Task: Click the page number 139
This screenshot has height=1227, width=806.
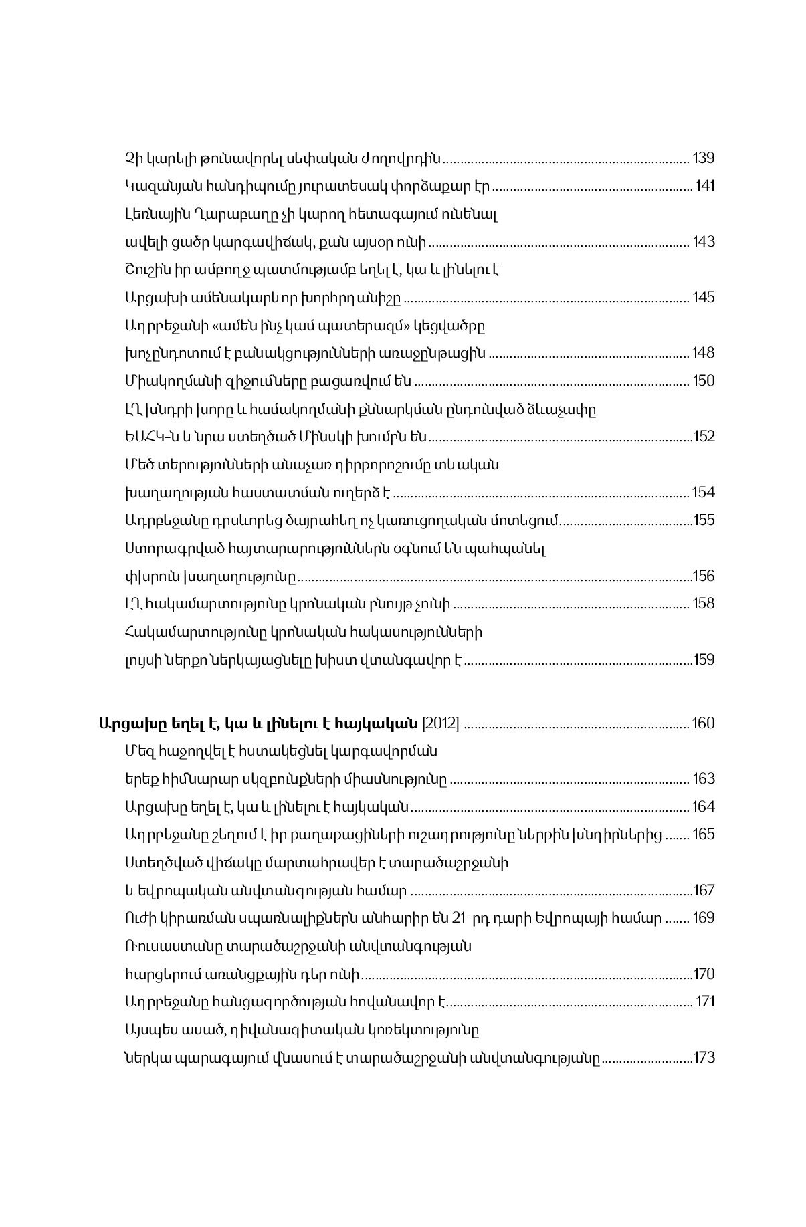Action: coord(704,158)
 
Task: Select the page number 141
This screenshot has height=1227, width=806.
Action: coord(705,186)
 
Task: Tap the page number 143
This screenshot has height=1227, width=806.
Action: coord(704,242)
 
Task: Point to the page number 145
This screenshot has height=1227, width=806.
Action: coord(704,298)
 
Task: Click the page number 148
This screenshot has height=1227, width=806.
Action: coord(704,353)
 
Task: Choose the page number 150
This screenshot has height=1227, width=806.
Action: coord(704,381)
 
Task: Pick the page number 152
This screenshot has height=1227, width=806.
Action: coord(704,437)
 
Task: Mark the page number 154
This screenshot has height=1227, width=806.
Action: coord(704,493)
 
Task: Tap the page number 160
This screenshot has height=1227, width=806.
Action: coord(704,723)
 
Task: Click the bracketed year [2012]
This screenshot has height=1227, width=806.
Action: coord(440,723)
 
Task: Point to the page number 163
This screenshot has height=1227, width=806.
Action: coord(704,779)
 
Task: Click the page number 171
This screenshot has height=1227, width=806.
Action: coord(706,1002)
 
